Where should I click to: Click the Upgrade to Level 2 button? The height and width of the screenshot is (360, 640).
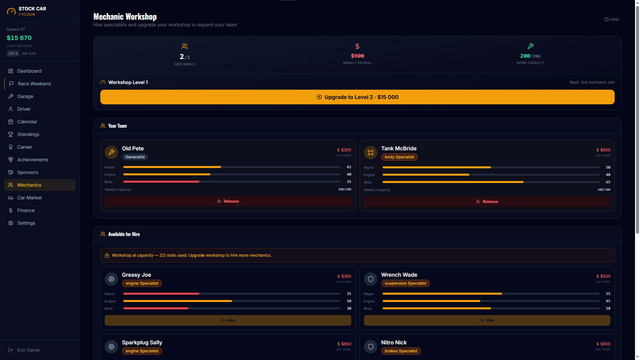(x=357, y=97)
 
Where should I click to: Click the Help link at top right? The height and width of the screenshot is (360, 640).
(x=612, y=19)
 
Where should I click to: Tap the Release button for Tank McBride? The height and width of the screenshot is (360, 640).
(x=487, y=202)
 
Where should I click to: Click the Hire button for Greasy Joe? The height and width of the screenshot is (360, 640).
(x=228, y=320)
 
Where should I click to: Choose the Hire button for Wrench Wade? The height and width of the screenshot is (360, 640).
(x=487, y=320)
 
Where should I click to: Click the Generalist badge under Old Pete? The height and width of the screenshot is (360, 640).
(x=135, y=157)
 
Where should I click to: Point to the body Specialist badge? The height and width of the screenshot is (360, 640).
(x=399, y=157)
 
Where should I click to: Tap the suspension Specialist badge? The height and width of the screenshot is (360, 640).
(x=405, y=283)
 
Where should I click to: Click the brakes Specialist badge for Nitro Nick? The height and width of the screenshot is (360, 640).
(x=401, y=351)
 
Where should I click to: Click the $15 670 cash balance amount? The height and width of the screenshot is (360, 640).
(x=19, y=38)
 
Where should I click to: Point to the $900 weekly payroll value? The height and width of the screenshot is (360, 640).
(x=357, y=56)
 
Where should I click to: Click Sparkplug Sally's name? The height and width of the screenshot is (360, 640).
(x=142, y=342)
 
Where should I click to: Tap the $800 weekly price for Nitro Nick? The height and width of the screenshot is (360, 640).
(x=603, y=344)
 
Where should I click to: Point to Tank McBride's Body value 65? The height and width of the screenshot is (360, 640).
(x=608, y=182)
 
